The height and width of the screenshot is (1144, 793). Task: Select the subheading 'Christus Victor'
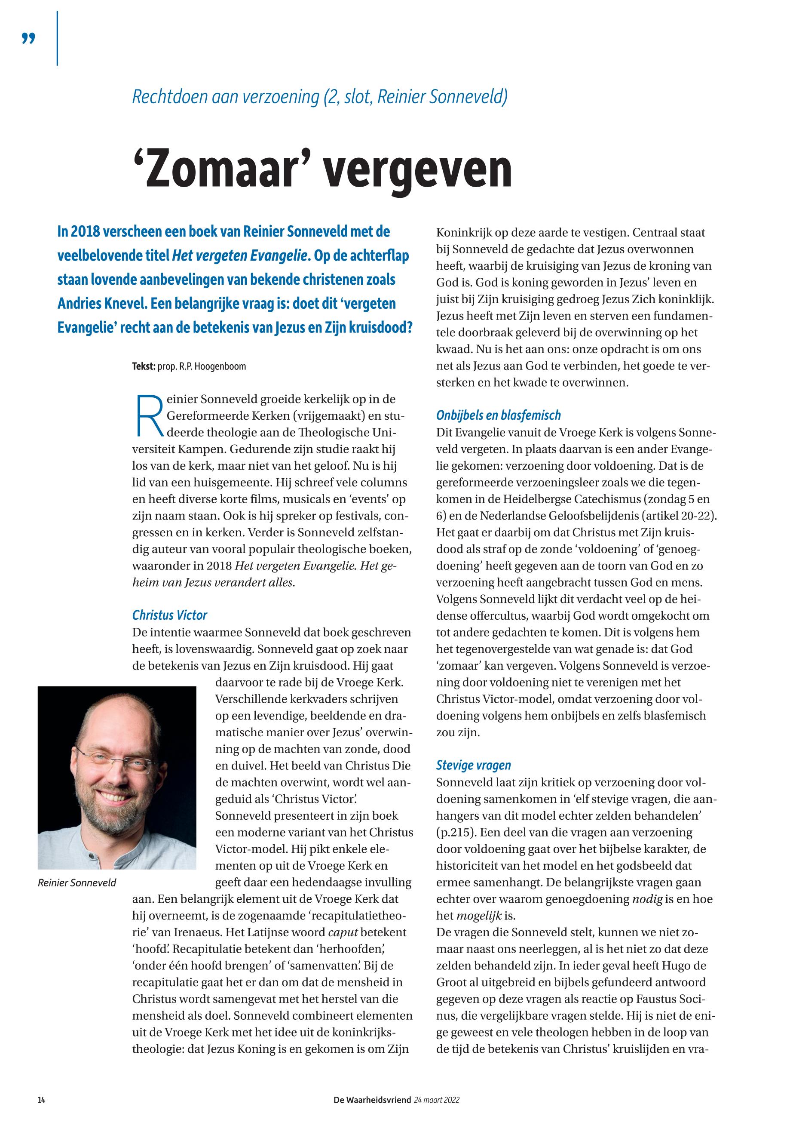[169, 615]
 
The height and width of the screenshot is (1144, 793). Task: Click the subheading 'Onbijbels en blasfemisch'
[498, 415]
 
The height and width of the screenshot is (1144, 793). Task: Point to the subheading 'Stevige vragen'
[474, 765]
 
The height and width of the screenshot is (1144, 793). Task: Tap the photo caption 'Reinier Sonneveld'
[77, 883]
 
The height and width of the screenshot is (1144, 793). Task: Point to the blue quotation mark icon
[29, 38]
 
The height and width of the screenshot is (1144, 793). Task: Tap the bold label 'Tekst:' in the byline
[144, 366]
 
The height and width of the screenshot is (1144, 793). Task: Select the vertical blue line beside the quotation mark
[58, 38]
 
